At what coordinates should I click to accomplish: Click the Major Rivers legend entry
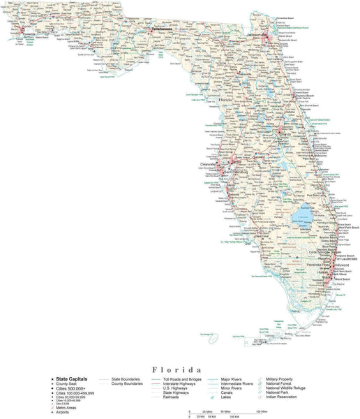click(x=230, y=378)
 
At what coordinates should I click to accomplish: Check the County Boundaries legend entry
click(x=125, y=383)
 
